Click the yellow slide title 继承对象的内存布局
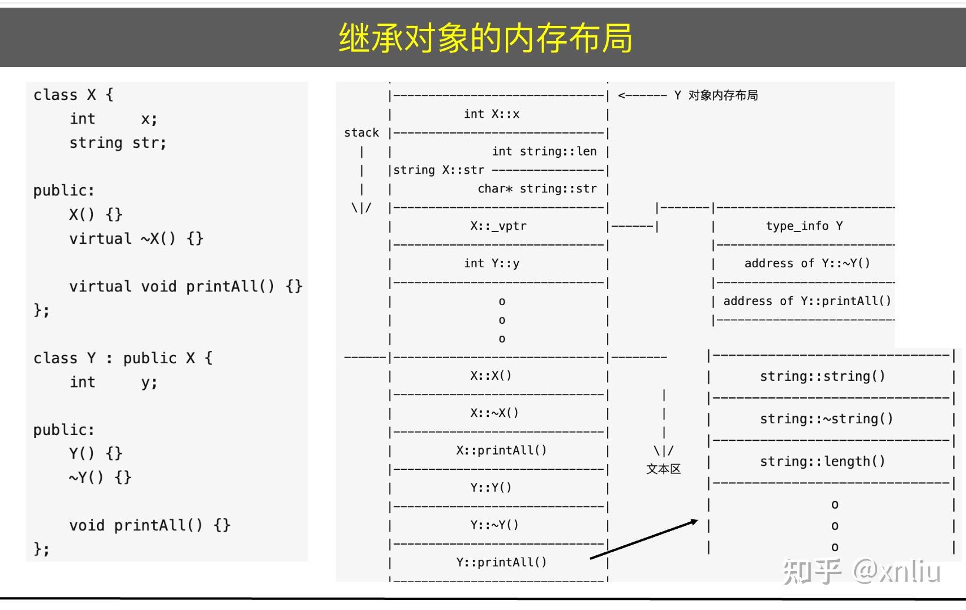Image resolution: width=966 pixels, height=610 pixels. [485, 38]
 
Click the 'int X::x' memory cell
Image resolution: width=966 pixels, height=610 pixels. [491, 114]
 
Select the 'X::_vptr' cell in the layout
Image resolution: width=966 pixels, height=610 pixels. [498, 226]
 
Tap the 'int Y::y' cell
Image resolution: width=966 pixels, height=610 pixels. [491, 263]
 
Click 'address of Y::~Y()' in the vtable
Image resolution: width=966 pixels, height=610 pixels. [807, 263]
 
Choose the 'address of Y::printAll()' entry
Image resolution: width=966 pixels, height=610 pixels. [807, 301]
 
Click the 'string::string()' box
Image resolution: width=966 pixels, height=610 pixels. [822, 376]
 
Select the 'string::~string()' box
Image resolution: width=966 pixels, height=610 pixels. [826, 419]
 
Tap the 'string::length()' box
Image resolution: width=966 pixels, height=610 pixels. [822, 461]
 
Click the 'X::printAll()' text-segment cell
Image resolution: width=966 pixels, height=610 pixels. [501, 450]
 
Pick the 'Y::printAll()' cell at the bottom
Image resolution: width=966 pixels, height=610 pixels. [501, 562]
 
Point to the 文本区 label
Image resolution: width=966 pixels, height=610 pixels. [663, 469]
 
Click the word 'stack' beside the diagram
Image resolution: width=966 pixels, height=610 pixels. [361, 133]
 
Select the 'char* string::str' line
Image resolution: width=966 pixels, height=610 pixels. [537, 189]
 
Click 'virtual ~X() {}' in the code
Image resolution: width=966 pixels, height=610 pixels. [136, 238]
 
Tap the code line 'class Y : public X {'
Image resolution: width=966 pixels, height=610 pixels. [123, 358]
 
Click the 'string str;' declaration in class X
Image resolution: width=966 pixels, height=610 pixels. [118, 143]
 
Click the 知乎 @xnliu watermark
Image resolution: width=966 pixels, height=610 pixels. [861, 571]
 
